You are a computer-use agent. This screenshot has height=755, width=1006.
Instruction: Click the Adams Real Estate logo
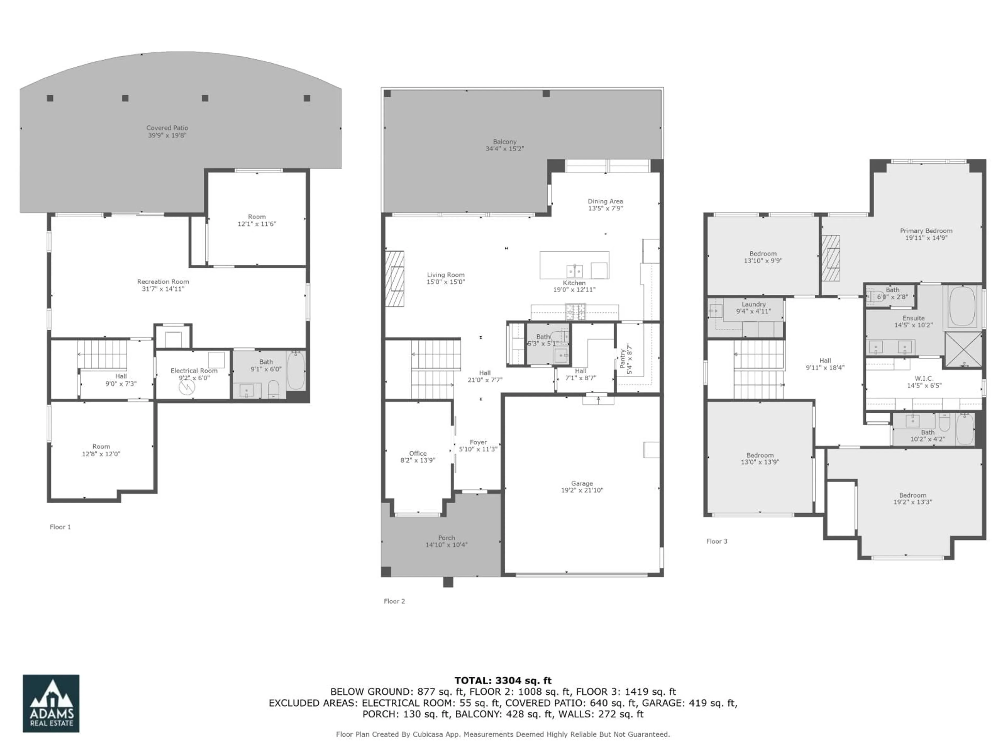point(51,703)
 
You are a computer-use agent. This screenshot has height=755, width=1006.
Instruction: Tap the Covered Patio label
point(167,128)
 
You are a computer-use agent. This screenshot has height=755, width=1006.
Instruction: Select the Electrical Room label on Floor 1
point(194,370)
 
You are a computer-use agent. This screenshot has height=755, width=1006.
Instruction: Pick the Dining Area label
point(605,201)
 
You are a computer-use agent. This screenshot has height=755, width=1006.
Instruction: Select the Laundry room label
point(754,304)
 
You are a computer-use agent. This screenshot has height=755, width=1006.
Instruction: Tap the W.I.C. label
point(924,378)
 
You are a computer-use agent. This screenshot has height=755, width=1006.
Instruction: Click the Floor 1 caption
point(60,527)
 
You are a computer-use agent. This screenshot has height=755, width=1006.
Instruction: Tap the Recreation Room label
point(163,282)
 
